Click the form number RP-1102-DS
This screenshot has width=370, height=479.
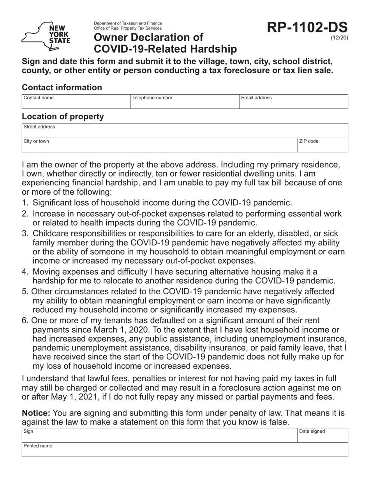pos(307,28)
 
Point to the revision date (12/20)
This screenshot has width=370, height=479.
pos(339,38)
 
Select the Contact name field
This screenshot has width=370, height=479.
pos(76,101)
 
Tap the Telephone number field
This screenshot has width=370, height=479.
pos(185,101)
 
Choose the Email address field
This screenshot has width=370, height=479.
pos(293,101)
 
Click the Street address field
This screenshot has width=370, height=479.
pos(185,131)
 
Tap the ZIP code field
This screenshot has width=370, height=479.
pos(322,145)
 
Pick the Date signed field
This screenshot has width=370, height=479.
pos(322,435)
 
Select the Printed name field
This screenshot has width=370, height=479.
pos(185,450)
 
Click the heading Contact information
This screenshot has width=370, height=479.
pos(62,88)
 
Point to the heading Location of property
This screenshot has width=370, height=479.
pos(63,116)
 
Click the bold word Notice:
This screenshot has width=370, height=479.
pos(36,413)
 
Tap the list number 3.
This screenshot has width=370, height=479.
pos(25,234)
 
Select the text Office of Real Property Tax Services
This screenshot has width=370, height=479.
pos(127,28)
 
